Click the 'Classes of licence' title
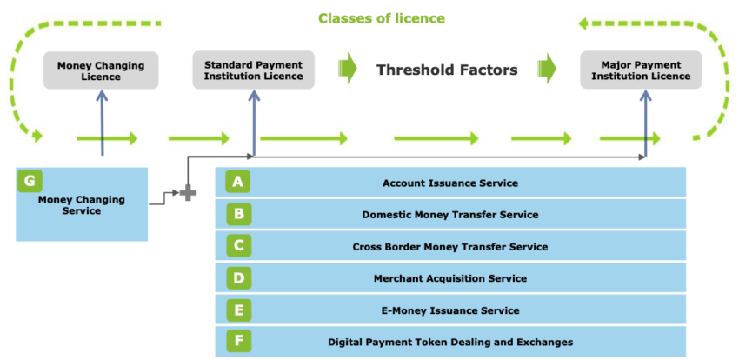coord(382,18)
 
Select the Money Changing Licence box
coord(102,70)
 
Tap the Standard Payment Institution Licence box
coord(254,70)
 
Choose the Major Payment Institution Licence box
coord(641,70)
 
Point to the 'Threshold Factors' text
coord(447,70)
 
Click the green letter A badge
coord(238,182)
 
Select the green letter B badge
coord(238,213)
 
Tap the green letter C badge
coord(238,245)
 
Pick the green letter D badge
coord(238,277)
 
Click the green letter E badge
coord(238,310)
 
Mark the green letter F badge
coord(238,341)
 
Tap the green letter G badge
coord(30,181)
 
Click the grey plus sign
coord(188,193)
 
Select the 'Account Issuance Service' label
coord(450,183)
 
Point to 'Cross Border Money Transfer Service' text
coord(450,246)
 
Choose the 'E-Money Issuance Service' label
coord(450,310)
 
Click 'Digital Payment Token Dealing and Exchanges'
coord(450,342)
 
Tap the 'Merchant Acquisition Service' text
coord(450,278)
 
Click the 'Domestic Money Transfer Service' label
coord(450,215)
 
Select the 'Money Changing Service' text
coord(82,205)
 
